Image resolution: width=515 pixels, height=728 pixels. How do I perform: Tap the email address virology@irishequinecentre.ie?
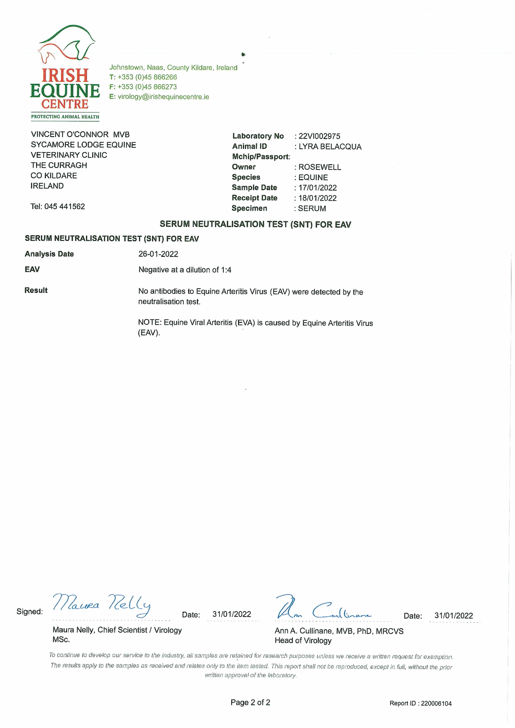click(163, 97)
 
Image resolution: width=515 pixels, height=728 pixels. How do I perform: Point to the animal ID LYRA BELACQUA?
click(330, 147)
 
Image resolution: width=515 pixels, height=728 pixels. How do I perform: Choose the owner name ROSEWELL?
click(320, 167)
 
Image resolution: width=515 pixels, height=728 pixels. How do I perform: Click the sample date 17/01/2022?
click(317, 188)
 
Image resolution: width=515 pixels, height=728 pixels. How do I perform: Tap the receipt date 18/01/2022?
click(317, 198)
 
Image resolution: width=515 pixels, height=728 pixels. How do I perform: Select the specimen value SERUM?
click(312, 209)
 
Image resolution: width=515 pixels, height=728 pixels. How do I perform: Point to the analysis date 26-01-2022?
click(158, 254)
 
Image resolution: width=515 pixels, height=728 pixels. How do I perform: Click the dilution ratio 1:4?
click(226, 270)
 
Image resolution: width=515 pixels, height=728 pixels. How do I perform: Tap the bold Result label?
click(36, 290)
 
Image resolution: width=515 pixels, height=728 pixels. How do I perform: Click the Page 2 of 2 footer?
click(250, 703)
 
